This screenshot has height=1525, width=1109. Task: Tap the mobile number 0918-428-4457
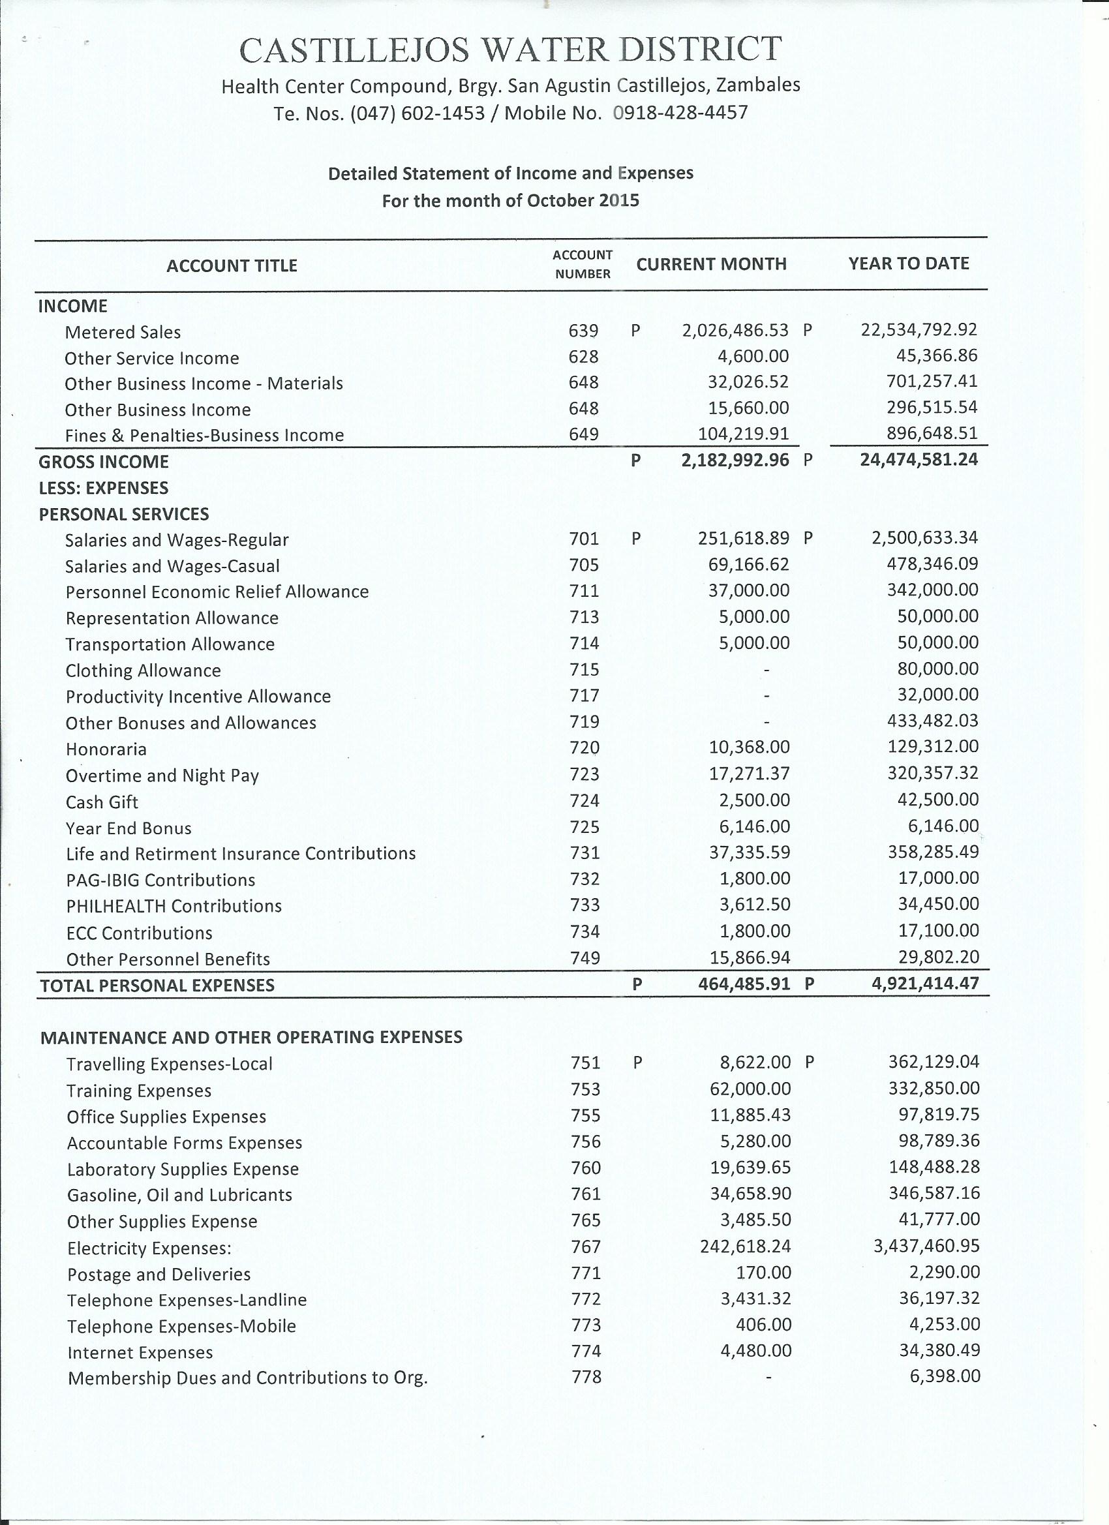click(680, 112)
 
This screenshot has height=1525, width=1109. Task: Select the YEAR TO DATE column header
click(909, 264)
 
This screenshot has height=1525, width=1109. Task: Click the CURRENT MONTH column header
click(712, 264)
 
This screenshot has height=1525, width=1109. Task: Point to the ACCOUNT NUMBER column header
click(583, 264)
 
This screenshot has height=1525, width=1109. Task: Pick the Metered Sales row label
click(123, 332)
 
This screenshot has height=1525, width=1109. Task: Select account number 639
click(583, 331)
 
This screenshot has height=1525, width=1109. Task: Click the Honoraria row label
click(106, 749)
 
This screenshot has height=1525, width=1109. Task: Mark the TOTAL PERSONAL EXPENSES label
click(157, 986)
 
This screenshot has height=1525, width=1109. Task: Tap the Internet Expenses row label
click(140, 1352)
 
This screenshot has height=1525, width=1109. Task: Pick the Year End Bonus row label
click(129, 828)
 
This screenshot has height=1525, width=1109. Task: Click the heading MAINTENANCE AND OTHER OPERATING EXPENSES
click(251, 1038)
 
